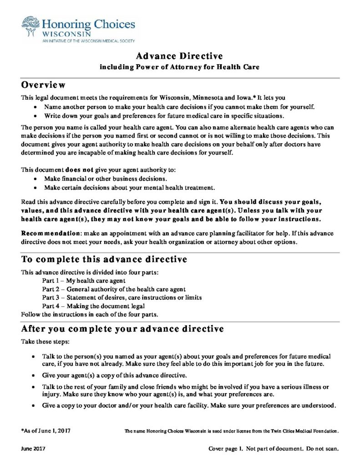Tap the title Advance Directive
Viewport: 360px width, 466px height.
point(179,56)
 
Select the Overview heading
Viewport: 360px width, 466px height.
point(44,85)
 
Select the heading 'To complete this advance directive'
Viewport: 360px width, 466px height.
point(104,260)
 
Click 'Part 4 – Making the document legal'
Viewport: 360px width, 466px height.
point(93,306)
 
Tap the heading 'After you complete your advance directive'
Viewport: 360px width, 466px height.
point(122,329)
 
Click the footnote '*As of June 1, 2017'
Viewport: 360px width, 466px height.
point(46,430)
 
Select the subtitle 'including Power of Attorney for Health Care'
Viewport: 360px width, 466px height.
point(179,67)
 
